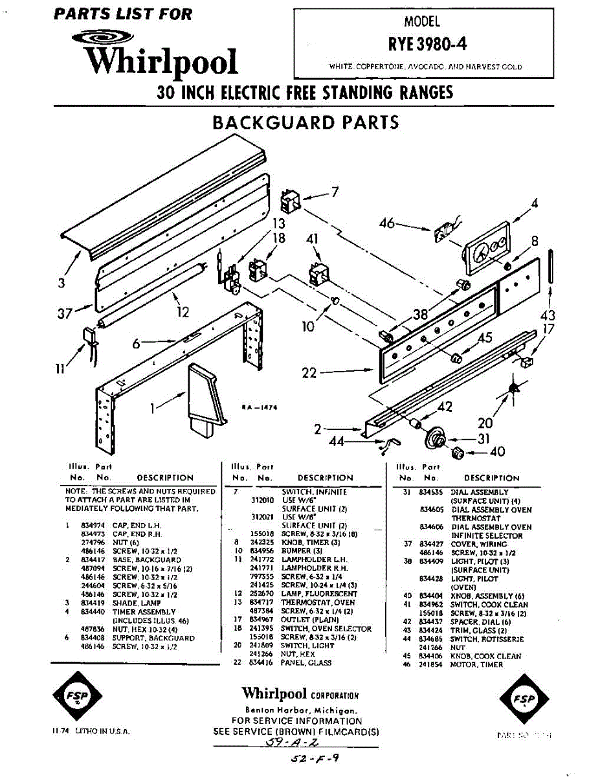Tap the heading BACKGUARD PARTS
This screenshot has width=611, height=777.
click(x=305, y=122)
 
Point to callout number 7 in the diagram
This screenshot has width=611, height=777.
click(x=335, y=192)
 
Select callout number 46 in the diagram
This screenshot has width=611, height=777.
click(x=387, y=224)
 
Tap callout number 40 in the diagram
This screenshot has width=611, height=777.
click(x=498, y=451)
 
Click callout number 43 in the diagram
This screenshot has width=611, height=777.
click(x=548, y=315)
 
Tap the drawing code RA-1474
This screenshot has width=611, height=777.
click(x=259, y=407)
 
